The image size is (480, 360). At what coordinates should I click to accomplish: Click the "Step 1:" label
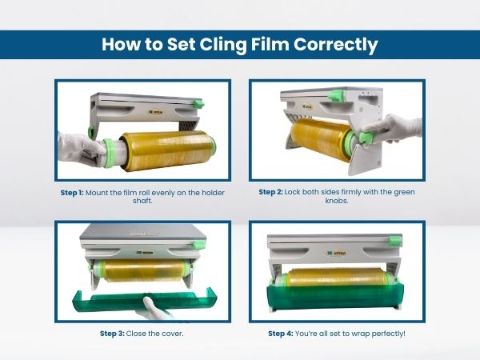pyautogui.click(x=72, y=193)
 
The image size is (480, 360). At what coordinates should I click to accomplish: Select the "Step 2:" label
pyautogui.click(x=270, y=192)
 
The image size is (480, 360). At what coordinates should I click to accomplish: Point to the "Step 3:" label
pyautogui.click(x=112, y=334)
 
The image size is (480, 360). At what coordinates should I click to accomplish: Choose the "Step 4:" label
pyautogui.click(x=281, y=334)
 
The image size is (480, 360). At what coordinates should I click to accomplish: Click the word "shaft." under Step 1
pyautogui.click(x=142, y=201)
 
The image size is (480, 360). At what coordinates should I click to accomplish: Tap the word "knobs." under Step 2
pyautogui.click(x=337, y=201)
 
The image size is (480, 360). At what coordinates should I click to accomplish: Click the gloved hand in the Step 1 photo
pyautogui.click(x=80, y=150)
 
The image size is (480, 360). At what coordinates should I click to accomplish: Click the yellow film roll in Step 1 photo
pyautogui.click(x=167, y=150)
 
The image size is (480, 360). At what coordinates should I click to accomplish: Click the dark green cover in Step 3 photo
pyautogui.click(x=145, y=302)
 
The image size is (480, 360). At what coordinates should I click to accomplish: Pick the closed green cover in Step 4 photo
pyautogui.click(x=335, y=295)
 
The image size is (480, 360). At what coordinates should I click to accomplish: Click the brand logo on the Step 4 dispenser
pyautogui.click(x=337, y=253)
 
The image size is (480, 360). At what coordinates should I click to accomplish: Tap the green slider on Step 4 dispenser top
pyautogui.click(x=395, y=241)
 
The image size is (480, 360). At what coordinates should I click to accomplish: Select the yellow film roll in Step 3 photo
pyautogui.click(x=144, y=270)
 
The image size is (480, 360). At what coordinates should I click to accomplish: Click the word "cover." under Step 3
pyautogui.click(x=172, y=334)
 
